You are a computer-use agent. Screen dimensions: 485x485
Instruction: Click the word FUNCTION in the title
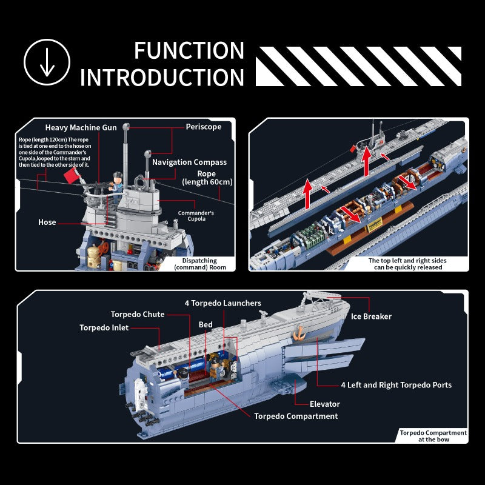click(189, 50)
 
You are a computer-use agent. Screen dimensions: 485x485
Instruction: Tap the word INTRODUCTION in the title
click(162, 78)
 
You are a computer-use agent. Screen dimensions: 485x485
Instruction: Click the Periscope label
click(203, 127)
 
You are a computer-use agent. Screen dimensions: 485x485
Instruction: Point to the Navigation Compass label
click(189, 162)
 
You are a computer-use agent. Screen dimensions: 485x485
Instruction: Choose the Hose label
click(47, 222)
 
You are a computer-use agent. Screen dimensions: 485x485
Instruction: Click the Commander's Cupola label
click(196, 216)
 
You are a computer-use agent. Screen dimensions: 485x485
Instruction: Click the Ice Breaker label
click(371, 316)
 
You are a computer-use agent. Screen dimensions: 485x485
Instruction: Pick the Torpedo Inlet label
click(104, 327)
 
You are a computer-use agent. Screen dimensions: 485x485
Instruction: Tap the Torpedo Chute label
click(137, 314)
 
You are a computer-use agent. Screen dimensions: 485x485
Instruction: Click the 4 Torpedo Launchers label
click(223, 303)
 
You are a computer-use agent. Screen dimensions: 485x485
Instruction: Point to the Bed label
click(206, 324)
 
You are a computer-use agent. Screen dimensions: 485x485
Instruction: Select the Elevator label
click(324, 404)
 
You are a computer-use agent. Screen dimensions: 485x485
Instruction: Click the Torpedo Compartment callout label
click(296, 416)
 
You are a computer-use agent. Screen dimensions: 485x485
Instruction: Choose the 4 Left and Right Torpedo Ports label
click(395, 384)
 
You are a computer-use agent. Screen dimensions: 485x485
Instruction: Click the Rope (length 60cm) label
click(207, 178)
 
